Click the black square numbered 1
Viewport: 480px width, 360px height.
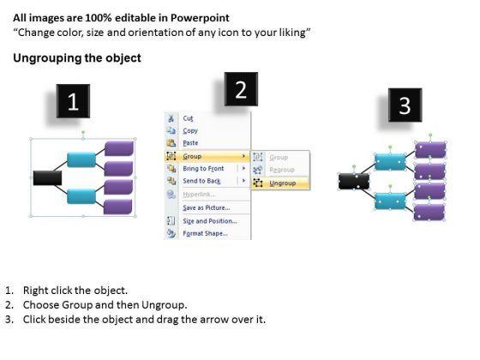click(73, 101)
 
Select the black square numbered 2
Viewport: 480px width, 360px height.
click(241, 89)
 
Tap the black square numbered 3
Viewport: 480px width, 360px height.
click(405, 105)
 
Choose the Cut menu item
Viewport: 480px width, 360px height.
click(188, 118)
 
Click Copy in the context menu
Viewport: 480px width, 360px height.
click(190, 130)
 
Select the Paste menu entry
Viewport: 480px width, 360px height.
click(190, 143)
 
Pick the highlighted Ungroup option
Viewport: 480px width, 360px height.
click(283, 183)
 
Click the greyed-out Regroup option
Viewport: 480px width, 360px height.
click(282, 170)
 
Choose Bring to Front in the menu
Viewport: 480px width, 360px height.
click(203, 169)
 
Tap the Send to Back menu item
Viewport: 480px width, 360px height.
click(201, 181)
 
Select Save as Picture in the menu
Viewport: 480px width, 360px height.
click(207, 207)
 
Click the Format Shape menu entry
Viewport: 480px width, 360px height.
click(205, 233)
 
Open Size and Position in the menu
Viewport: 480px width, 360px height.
click(210, 221)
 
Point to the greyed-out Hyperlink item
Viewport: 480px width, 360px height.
click(199, 195)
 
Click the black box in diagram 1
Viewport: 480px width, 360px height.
click(47, 178)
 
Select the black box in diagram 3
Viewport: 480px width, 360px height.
click(354, 181)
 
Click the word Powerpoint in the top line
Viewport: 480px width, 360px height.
click(200, 18)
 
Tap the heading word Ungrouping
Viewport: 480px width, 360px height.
click(47, 58)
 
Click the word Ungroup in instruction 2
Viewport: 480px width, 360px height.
click(164, 305)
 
